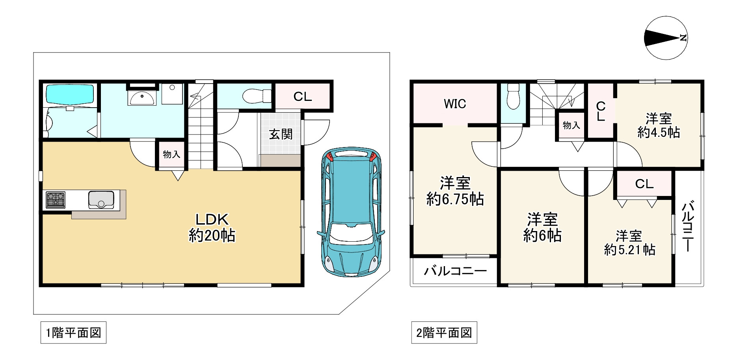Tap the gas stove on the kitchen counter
(x=56, y=200)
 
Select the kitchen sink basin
(x=101, y=200)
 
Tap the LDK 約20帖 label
(x=212, y=228)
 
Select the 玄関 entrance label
(x=281, y=134)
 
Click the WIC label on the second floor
(x=455, y=104)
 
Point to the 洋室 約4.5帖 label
(x=659, y=125)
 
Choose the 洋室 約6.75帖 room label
(x=455, y=191)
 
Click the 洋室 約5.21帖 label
(x=629, y=243)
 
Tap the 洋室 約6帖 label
(x=542, y=228)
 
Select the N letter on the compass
(x=683, y=38)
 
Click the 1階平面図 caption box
(x=73, y=333)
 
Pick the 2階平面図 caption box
(x=444, y=333)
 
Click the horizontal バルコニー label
(x=455, y=271)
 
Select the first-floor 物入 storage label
(x=171, y=154)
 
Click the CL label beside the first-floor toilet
(x=302, y=97)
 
